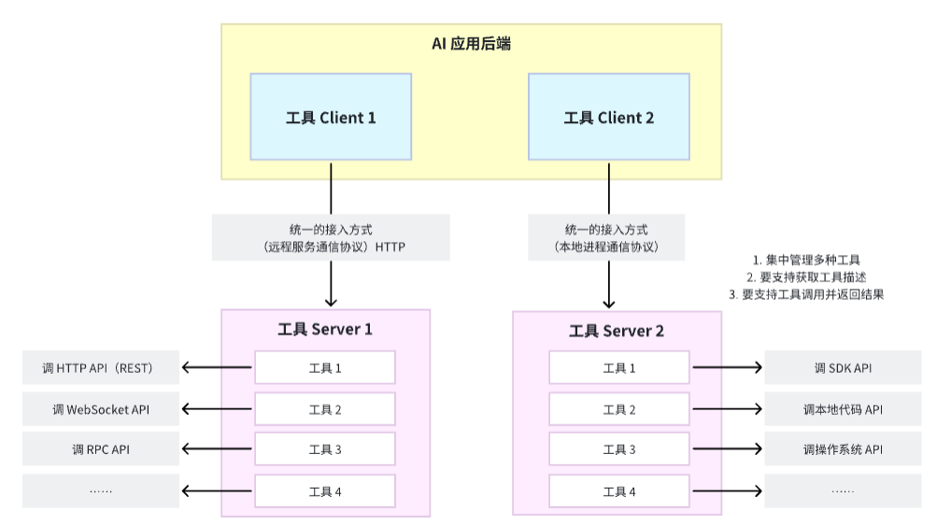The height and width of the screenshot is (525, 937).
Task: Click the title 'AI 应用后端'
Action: point(471,44)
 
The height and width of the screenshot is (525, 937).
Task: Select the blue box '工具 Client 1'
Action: point(331,117)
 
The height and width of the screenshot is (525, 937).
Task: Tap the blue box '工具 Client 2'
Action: point(609,117)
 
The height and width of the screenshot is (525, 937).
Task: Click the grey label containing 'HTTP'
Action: point(331,237)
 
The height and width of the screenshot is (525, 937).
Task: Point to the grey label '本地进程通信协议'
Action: point(606,237)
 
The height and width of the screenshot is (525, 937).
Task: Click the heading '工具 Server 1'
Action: point(325,329)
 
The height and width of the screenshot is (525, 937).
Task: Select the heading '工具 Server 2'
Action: point(617,331)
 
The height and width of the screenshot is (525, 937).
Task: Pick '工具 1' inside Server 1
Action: point(325,367)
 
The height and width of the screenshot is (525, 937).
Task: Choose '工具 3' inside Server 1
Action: point(325,449)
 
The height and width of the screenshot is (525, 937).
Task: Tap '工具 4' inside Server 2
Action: point(619,491)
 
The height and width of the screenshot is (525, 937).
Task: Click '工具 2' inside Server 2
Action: point(619,409)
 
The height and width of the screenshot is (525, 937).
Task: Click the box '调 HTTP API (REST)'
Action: point(101,367)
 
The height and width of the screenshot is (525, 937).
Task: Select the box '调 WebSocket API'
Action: point(101,409)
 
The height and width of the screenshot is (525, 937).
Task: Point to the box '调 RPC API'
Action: point(101,449)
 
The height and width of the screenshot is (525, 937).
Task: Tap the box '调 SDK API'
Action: point(844,367)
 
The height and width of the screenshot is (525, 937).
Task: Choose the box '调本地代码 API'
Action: point(844,409)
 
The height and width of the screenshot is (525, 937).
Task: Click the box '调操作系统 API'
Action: point(844,449)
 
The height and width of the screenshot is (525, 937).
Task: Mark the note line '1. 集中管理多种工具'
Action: point(806,260)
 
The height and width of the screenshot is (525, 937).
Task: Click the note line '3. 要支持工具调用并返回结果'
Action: point(806,294)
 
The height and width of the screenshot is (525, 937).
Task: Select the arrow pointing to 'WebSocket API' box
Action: point(217,409)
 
